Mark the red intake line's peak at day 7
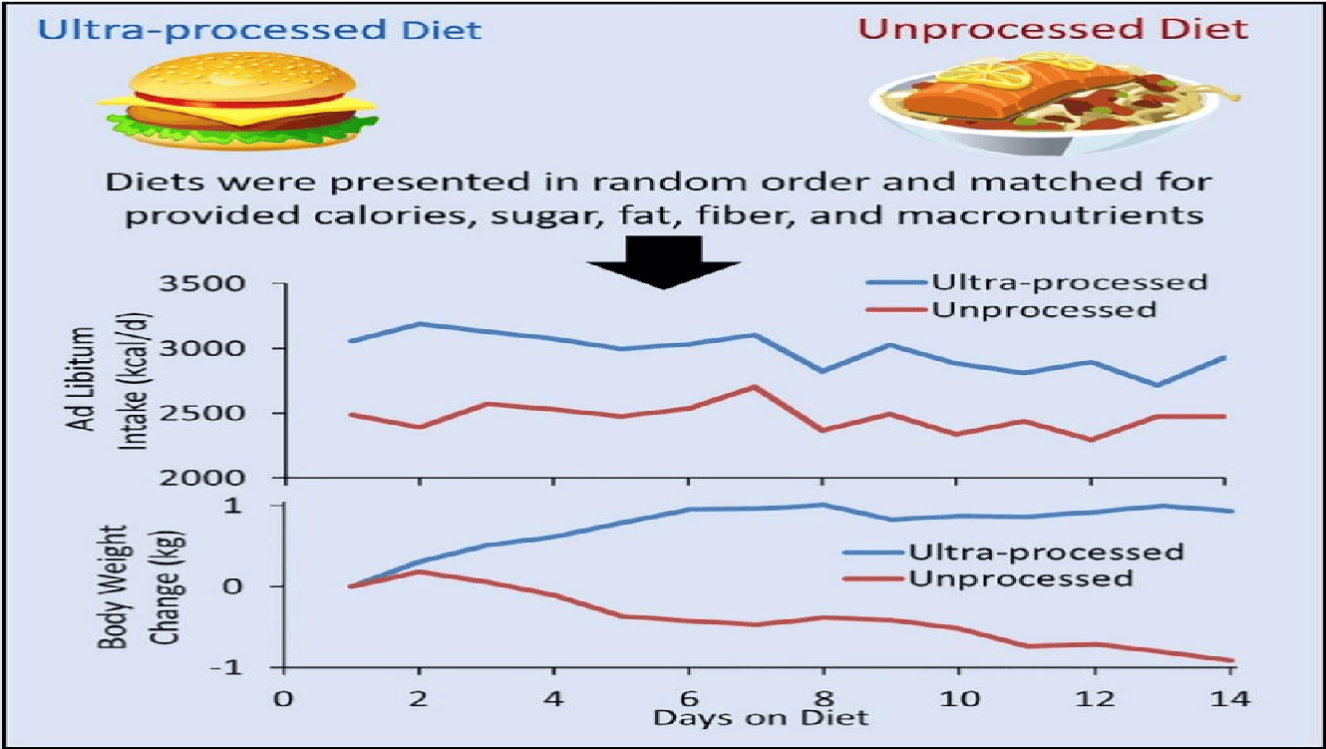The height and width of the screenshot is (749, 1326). pyautogui.click(x=754, y=386)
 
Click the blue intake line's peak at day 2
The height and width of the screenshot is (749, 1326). pyautogui.click(x=419, y=323)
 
